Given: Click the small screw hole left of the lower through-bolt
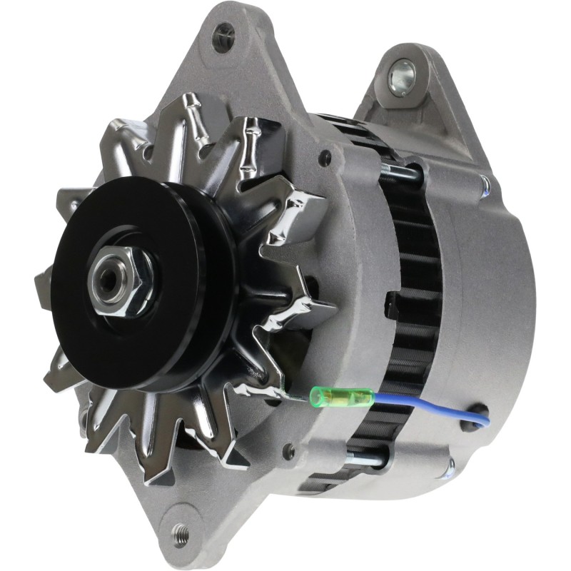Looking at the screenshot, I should [289, 451].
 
